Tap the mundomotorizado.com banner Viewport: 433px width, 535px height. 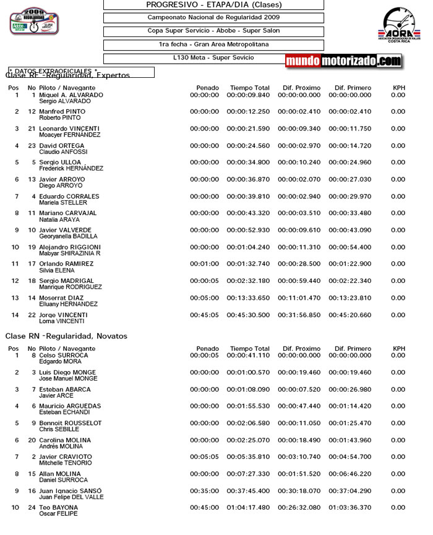[344, 61]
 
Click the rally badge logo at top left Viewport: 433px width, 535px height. [35, 21]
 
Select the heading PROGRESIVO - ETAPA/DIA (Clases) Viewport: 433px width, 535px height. [213, 4]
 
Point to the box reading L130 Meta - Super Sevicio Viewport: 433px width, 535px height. [213, 57]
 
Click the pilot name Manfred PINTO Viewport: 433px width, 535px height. [62, 112]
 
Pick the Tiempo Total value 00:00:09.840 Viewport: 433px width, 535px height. [248, 95]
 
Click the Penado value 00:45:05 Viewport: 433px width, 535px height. [204, 315]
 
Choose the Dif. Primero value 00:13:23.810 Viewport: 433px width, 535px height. [350, 298]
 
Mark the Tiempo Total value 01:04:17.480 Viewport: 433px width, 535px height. [248, 508]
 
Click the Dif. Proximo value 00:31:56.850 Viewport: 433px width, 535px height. [299, 315]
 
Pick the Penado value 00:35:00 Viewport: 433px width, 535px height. [204, 491]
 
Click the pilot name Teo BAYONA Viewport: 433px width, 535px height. [59, 508]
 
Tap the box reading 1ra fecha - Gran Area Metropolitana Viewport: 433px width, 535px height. [213, 44]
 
